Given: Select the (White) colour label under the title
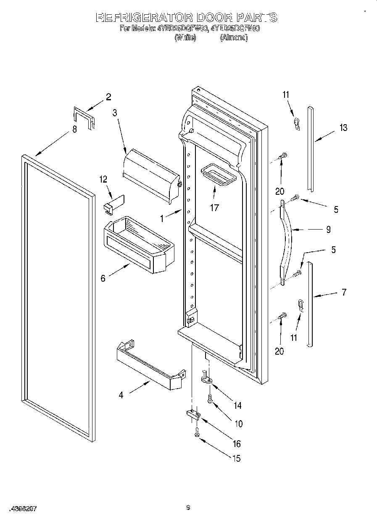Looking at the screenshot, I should [185, 38].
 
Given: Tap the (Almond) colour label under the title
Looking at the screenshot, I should [234, 38].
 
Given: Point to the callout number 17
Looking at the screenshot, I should [214, 207].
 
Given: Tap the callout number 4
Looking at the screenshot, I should [121, 395].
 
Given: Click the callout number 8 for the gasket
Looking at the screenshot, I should [74, 130].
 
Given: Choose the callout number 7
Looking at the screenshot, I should [344, 293].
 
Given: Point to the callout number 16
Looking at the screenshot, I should [237, 444].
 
